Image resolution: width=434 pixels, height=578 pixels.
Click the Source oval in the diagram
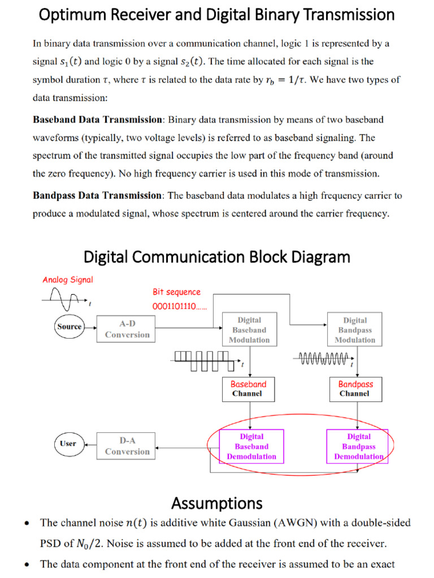pyautogui.click(x=69, y=327)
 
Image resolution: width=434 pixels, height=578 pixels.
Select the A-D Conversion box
pyautogui.click(x=127, y=329)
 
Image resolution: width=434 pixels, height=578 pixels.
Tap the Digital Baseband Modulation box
pyautogui.click(x=249, y=330)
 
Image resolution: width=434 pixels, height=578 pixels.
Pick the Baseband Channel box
pyautogui.click(x=248, y=388)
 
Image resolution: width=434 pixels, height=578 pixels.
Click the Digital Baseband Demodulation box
pyautogui.click(x=251, y=446)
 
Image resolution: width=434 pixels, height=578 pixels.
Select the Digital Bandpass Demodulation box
pyautogui.click(x=358, y=446)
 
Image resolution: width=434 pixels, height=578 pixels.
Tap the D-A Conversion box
pyautogui.click(x=127, y=446)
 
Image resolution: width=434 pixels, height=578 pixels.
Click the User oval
pyautogui.click(x=68, y=444)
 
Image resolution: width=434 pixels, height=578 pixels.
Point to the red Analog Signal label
pyautogui.click(x=68, y=279)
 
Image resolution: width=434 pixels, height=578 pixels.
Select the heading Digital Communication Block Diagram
pyautogui.click(x=217, y=257)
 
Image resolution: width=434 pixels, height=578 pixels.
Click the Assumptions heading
pyautogui.click(x=217, y=502)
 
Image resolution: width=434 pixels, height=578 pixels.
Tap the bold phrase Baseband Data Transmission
pyautogui.click(x=98, y=120)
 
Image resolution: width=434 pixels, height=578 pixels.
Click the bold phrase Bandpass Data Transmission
pyautogui.click(x=98, y=196)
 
